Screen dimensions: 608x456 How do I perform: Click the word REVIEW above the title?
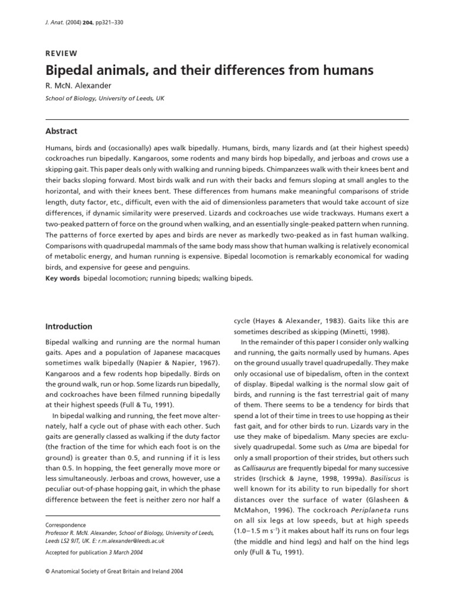(61, 53)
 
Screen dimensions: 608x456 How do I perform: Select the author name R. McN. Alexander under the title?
(78, 86)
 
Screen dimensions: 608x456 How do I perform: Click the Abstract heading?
(62, 131)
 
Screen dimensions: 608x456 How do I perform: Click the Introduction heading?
(69, 327)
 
